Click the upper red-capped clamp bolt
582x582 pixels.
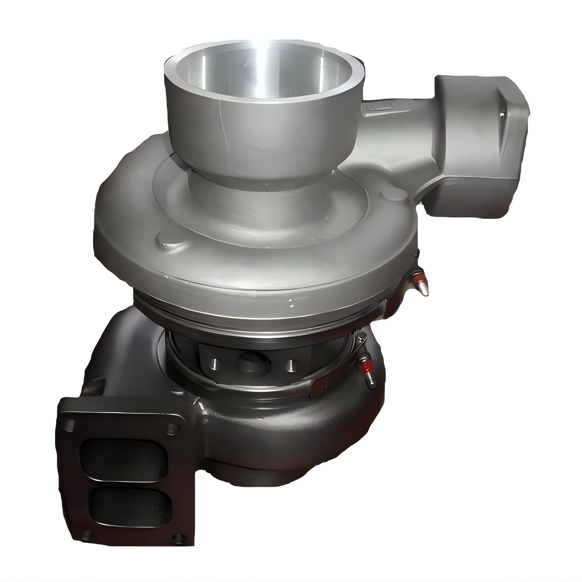click(419, 282)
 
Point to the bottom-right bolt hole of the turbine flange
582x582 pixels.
click(178, 537)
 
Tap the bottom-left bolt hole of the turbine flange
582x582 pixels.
click(85, 534)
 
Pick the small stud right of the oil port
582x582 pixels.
click(292, 364)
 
